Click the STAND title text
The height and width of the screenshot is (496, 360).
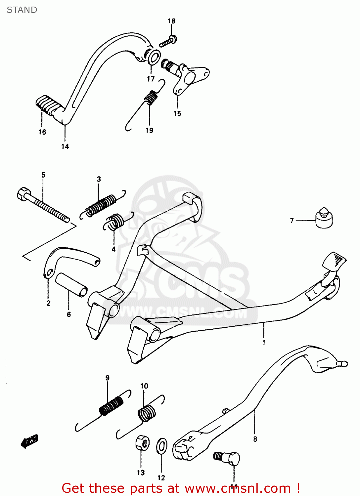coord(22,10)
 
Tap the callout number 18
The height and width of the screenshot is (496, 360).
coord(171,21)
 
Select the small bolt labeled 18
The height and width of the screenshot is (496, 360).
coord(168,41)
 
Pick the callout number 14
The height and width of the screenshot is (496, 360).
coord(65,146)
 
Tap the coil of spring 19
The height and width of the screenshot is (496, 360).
coord(151,98)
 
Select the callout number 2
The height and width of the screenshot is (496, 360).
coord(48,303)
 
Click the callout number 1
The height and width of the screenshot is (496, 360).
coord(264,343)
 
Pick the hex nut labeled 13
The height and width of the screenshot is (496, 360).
coord(142,443)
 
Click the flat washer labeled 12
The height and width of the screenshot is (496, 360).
coord(161,446)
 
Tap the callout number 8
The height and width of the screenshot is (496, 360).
coord(255,439)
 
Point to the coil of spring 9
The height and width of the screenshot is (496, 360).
coord(112,405)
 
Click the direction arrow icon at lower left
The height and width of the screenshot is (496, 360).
coord(29,441)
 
